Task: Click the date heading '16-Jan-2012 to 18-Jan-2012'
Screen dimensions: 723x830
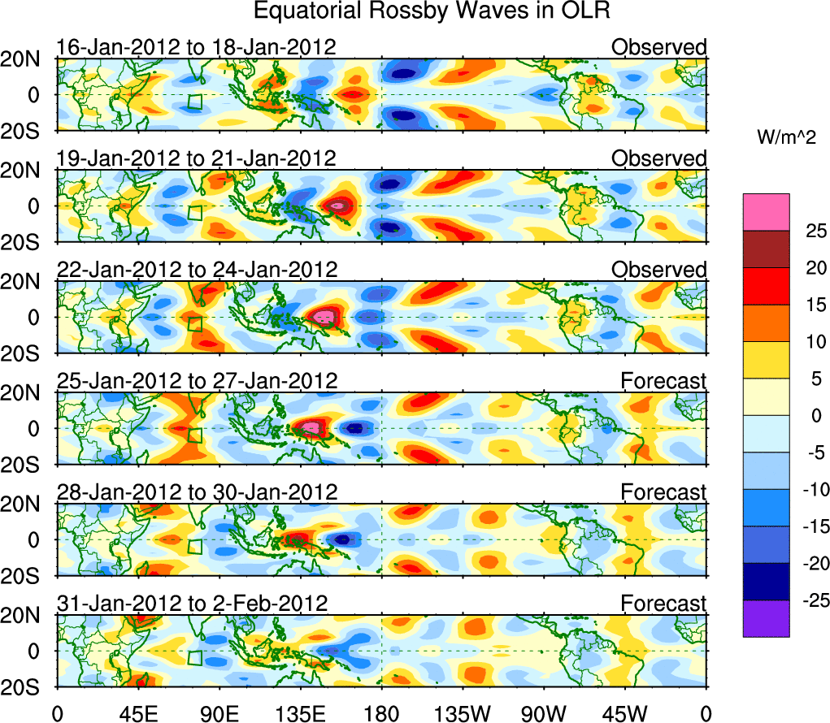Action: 196,47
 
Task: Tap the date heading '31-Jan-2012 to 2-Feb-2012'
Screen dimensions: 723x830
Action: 192,604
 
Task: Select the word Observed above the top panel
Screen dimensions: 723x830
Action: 659,47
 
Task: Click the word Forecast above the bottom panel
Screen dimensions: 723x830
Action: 664,604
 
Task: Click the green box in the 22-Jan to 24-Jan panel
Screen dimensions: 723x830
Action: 195,324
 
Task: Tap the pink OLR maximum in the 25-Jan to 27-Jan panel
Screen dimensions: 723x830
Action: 311,427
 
